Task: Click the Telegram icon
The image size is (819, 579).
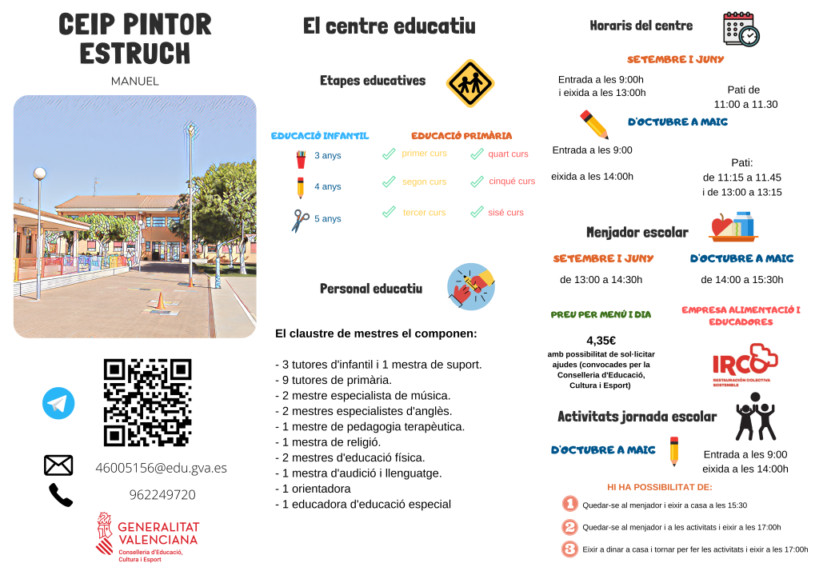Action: [x=58, y=404]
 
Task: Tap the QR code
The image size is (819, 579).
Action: [x=148, y=402]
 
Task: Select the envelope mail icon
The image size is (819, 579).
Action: [x=58, y=465]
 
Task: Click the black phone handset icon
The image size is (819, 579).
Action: [x=60, y=495]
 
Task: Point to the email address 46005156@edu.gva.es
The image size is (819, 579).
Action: [x=161, y=468]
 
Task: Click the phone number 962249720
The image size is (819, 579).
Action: [x=162, y=495]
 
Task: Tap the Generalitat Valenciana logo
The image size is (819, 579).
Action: [x=148, y=537]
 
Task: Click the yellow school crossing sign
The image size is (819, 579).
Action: [x=469, y=82]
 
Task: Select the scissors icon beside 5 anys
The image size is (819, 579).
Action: [x=300, y=220]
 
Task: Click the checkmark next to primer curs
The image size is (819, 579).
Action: [x=389, y=154]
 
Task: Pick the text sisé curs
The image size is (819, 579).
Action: [x=505, y=213]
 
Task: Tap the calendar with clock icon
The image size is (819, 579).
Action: [x=741, y=29]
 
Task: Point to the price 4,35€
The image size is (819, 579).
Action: [x=601, y=340]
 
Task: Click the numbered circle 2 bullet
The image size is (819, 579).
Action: [x=569, y=527]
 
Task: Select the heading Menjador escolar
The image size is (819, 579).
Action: [x=637, y=233]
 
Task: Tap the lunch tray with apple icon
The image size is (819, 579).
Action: [x=733, y=226]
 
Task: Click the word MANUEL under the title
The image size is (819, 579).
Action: [x=134, y=82]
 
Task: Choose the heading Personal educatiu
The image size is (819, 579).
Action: [x=370, y=289]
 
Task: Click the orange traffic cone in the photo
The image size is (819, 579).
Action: [x=159, y=301]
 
